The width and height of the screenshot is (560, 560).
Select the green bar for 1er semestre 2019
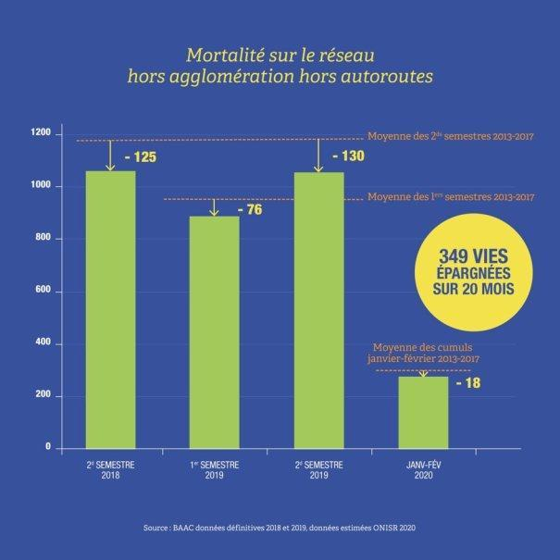coord(214,333)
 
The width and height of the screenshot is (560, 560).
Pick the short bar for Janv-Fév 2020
coord(422,412)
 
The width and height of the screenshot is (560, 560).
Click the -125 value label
coord(138,157)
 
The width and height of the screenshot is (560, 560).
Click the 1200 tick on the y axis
coord(40,135)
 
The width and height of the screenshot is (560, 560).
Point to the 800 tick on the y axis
coord(43,240)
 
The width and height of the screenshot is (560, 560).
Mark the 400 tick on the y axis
coord(43,344)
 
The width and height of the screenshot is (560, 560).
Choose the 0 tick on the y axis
coord(48,448)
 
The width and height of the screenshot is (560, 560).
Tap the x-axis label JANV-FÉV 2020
coord(422,468)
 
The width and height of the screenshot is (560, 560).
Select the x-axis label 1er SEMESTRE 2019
coord(214,468)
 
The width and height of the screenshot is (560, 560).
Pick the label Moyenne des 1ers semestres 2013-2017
coord(451,196)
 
